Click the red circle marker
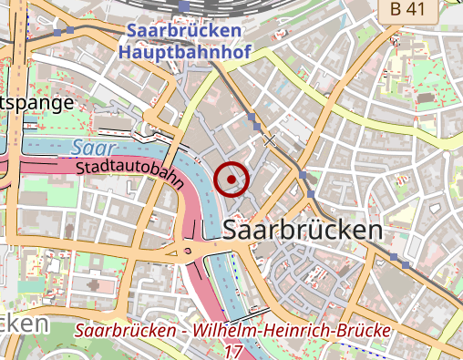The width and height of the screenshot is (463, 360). [231, 179]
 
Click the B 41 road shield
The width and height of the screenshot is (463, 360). [408, 8]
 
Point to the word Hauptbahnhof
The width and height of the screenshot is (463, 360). [185, 53]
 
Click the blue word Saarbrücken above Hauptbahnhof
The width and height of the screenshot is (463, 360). [185, 31]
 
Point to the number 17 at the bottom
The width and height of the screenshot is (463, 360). [233, 351]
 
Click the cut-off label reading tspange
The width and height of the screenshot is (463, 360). [36, 102]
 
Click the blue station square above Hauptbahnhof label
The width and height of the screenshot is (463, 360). [185, 6]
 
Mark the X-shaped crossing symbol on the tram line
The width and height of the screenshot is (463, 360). [269, 139]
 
